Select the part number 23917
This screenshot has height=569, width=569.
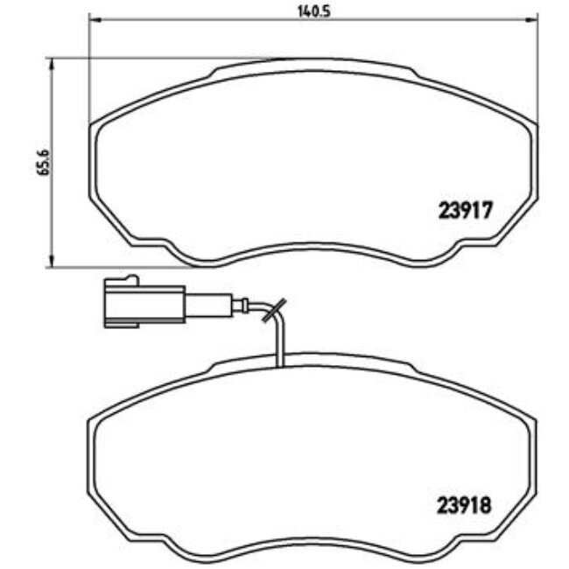point(466,210)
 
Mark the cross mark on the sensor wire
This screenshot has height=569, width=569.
point(272,308)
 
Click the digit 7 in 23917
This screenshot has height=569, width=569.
point(490,210)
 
